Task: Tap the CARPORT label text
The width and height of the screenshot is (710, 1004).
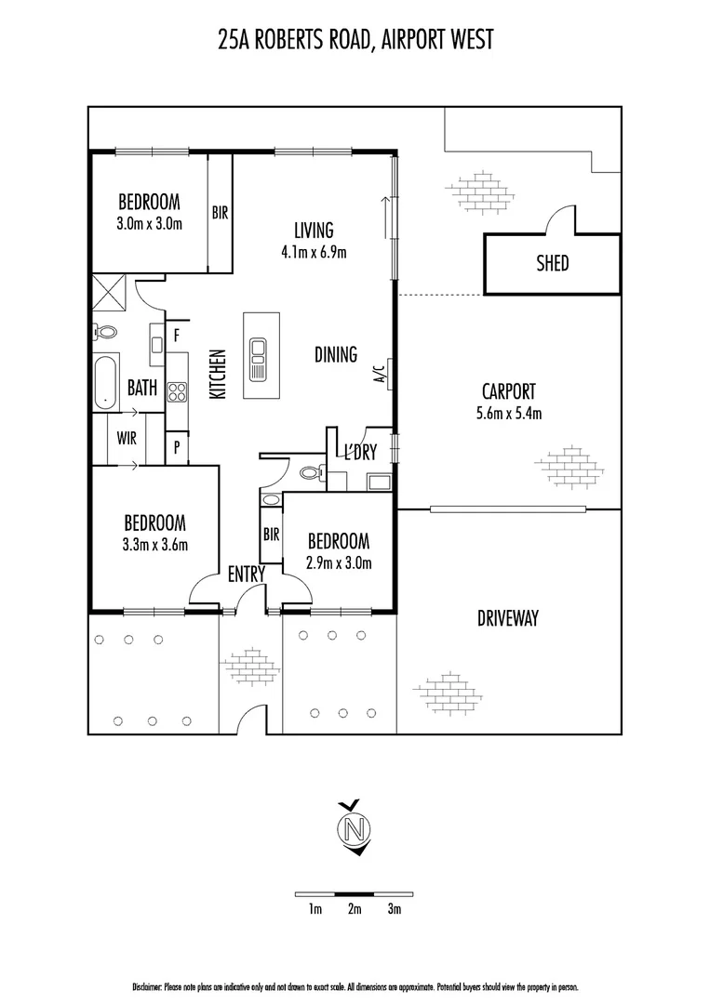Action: click(x=508, y=392)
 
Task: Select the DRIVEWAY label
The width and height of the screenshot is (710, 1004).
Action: click(x=508, y=617)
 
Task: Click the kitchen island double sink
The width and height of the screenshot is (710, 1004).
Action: click(x=257, y=356)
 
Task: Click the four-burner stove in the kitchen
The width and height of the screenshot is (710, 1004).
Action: click(x=177, y=391)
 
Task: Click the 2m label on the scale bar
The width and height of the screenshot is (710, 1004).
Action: click(x=355, y=908)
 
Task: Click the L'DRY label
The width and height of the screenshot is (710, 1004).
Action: click(x=359, y=454)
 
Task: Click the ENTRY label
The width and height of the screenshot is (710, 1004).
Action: click(x=247, y=575)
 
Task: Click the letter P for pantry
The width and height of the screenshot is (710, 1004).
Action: click(x=176, y=447)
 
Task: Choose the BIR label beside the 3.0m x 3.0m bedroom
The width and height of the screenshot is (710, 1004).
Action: click(x=220, y=213)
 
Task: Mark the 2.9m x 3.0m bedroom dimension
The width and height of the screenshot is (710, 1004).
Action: click(x=339, y=563)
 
